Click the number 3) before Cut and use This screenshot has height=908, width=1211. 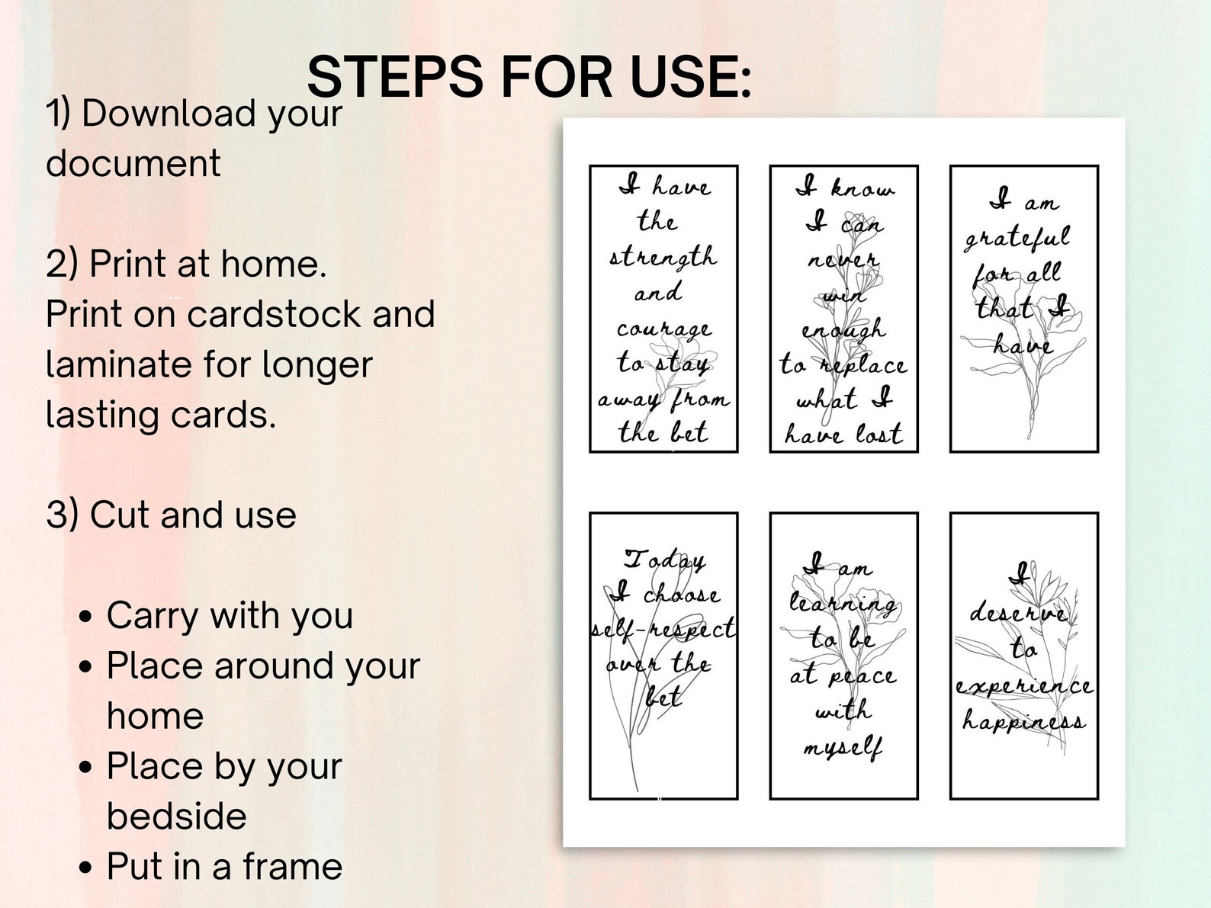62,515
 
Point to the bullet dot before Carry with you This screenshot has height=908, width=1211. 85,616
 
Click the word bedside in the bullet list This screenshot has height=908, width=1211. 176,817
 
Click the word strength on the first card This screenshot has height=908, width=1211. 663,258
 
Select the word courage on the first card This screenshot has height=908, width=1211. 663,329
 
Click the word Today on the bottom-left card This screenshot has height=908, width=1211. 664,560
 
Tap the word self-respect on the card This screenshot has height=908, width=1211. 663,629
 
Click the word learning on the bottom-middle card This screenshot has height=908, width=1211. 843,603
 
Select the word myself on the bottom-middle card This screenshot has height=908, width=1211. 843,747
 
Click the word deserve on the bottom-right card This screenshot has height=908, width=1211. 1018,612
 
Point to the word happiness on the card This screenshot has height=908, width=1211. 1023,720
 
